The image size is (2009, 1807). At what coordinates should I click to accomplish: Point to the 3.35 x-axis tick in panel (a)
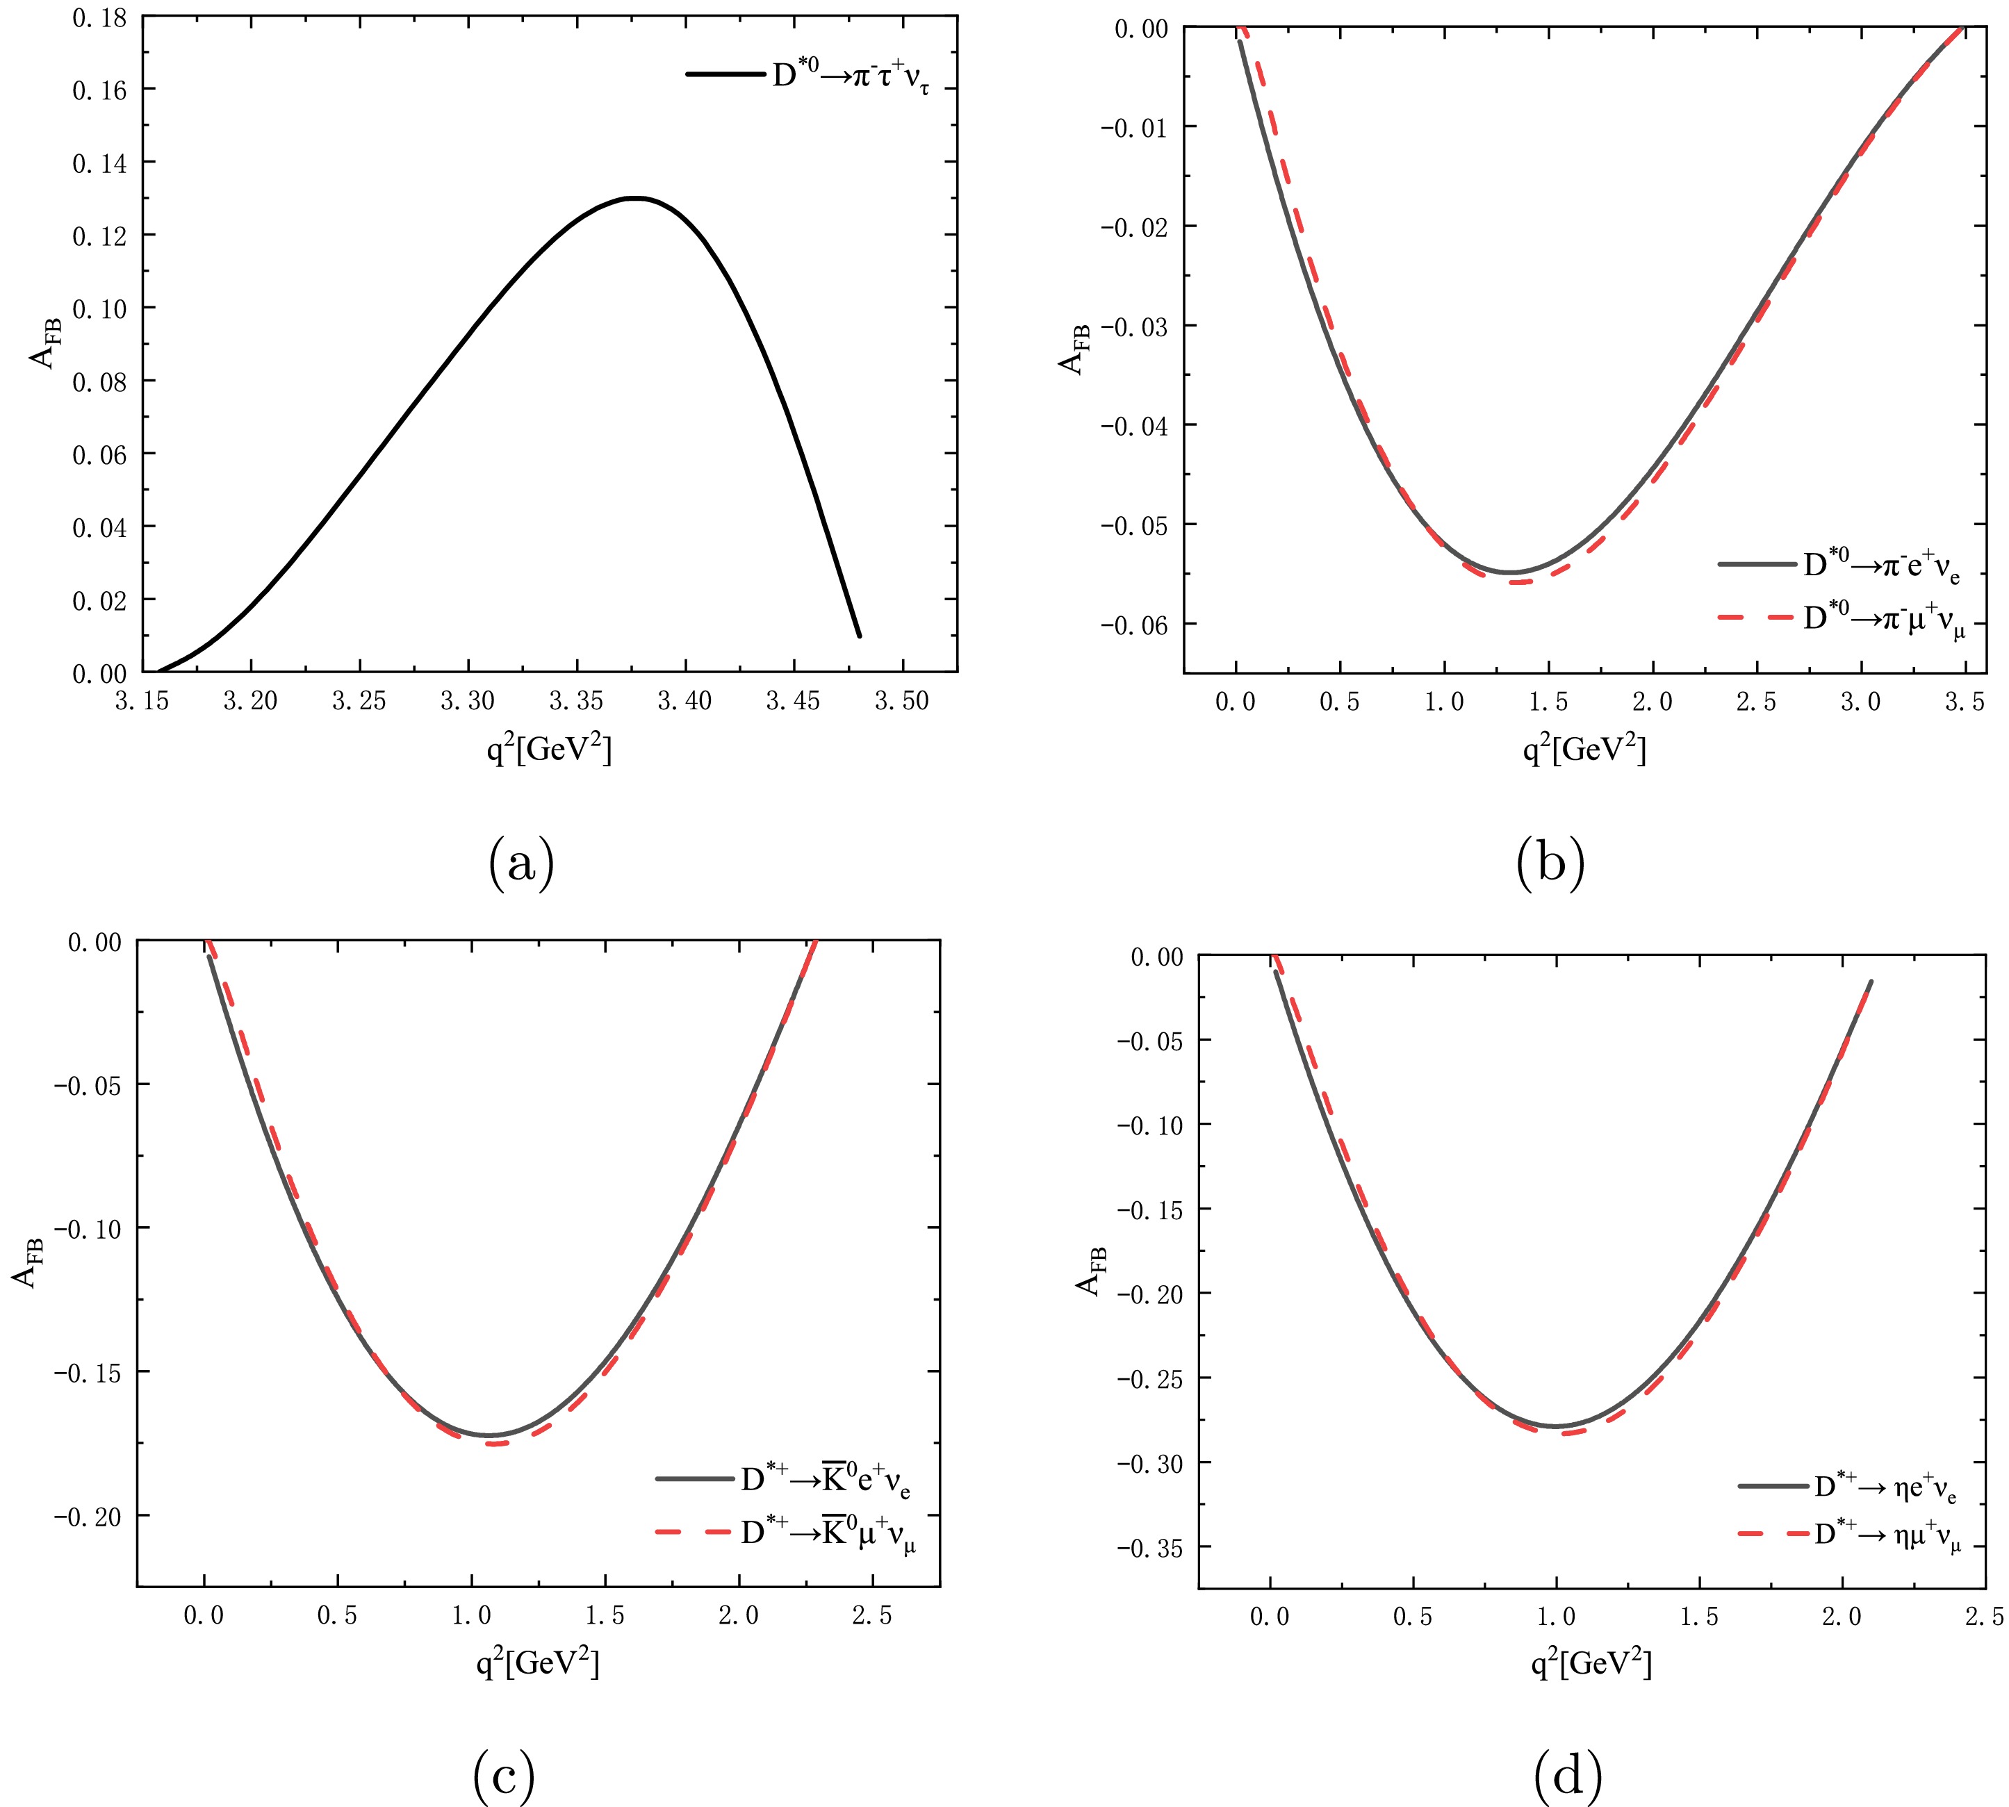click(x=576, y=701)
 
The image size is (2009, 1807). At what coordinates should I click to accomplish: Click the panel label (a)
click(x=521, y=861)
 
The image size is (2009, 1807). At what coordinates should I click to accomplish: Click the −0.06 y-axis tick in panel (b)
click(x=1134, y=625)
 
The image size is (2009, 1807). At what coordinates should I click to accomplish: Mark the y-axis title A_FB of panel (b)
click(x=1074, y=349)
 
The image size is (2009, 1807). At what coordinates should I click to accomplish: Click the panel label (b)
click(x=1550, y=861)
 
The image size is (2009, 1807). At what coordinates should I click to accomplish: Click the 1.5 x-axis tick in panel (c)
click(x=605, y=1615)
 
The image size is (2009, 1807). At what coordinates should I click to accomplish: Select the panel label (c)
click(x=504, y=1775)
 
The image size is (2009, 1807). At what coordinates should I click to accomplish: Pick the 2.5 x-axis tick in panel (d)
click(x=1984, y=1617)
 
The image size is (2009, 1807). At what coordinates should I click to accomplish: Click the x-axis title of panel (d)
click(x=1591, y=1663)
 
